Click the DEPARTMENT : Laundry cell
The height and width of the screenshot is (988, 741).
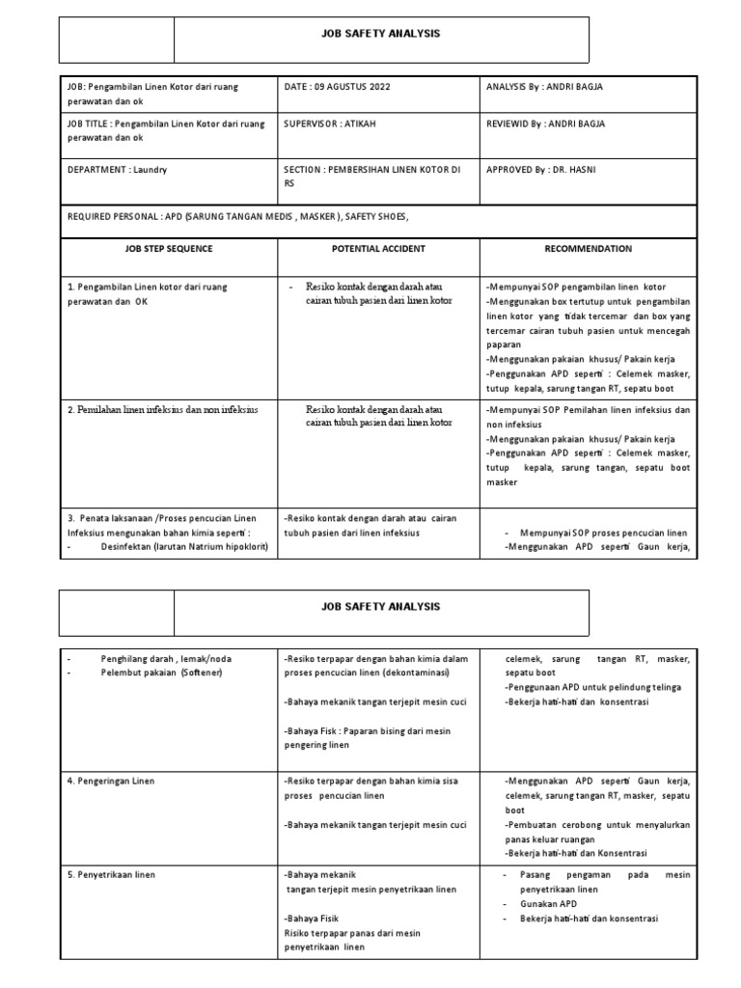[x=118, y=169]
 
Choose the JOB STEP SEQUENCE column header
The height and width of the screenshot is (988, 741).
[x=168, y=248]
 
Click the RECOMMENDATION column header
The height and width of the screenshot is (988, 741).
[x=588, y=248]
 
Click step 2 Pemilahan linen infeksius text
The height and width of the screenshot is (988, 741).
[x=163, y=409]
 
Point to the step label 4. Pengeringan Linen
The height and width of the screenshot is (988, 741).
[x=111, y=781]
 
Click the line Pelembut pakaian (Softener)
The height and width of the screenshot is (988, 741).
[x=162, y=672]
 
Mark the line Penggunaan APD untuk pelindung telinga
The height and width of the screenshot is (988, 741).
[x=592, y=687]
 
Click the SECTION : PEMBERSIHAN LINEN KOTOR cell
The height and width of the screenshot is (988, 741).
[x=371, y=169]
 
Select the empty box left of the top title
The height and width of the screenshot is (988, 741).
[x=117, y=40]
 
